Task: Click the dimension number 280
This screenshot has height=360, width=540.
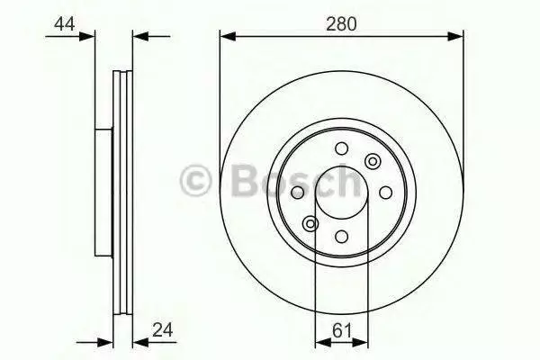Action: (x=341, y=24)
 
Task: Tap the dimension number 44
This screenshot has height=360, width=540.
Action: (x=65, y=24)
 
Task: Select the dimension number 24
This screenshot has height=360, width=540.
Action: (x=163, y=329)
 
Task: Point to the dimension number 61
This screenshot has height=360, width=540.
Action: (x=342, y=330)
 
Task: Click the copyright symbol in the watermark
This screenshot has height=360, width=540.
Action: (x=195, y=180)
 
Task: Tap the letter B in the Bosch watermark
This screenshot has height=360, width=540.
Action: (x=246, y=180)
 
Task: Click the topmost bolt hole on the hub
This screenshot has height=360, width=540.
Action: (x=342, y=148)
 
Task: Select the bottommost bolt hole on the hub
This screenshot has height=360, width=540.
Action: (x=342, y=237)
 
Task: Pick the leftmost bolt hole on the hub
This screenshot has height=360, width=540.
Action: (x=298, y=193)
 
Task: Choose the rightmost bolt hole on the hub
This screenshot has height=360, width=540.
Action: (x=385, y=193)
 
